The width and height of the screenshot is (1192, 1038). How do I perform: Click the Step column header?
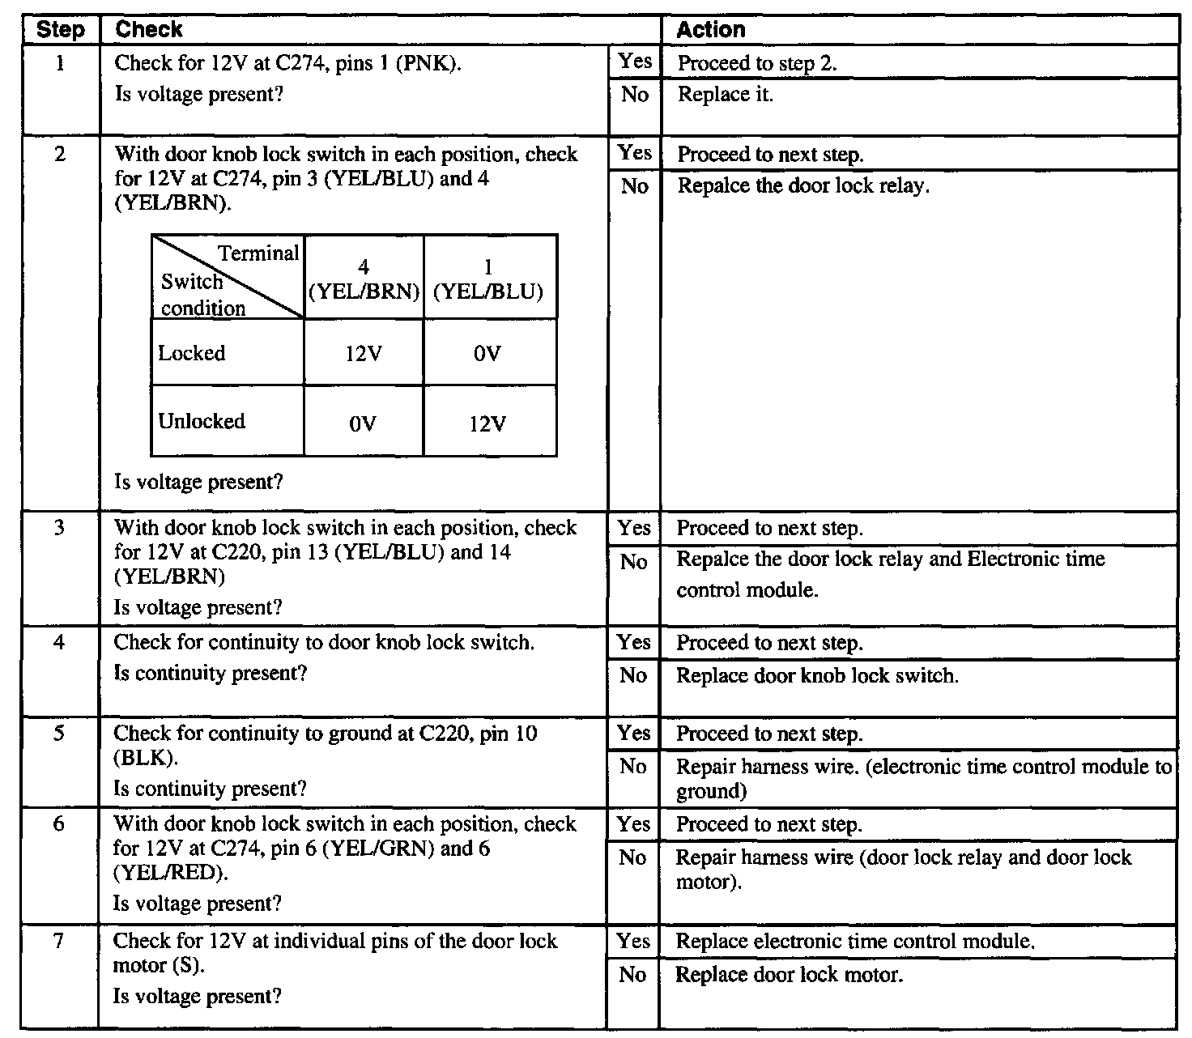61,31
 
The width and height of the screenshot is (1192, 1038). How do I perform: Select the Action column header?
710,30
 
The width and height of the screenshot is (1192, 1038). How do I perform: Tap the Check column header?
149,30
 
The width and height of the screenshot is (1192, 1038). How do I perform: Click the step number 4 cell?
59,643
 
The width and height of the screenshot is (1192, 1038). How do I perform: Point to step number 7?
59,942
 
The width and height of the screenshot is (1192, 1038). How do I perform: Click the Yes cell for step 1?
635,62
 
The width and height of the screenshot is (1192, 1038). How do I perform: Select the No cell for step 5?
633,767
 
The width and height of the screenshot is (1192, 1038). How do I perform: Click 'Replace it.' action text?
725,95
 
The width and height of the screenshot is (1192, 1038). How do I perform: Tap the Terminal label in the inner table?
258,253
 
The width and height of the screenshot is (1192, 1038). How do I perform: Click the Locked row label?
192,353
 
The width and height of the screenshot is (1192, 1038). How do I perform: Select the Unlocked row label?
202,421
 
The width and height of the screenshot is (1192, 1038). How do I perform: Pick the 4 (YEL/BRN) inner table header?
364,279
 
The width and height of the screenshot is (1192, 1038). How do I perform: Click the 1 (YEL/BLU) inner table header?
488,279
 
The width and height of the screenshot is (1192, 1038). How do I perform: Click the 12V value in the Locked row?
363,355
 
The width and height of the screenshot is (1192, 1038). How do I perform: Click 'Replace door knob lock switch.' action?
817,676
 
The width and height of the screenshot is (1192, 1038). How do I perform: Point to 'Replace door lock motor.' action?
789,975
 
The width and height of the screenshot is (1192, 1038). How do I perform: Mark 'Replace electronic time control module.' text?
855,942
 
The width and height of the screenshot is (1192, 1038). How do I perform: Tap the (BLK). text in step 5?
146,759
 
